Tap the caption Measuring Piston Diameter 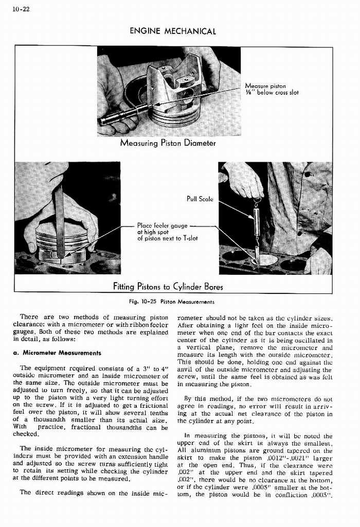click(x=167, y=143)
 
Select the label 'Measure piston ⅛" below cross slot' click(x=272, y=90)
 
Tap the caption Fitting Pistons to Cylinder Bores click(x=168, y=286)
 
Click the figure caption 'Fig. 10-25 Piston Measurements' click(x=173, y=301)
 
